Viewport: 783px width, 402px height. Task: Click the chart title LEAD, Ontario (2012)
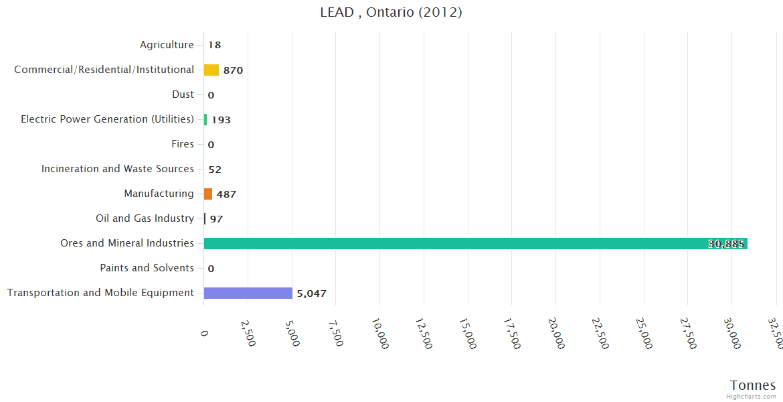coord(391,12)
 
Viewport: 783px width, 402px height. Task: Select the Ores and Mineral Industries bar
coord(475,243)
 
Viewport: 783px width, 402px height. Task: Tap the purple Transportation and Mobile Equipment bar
coord(248,293)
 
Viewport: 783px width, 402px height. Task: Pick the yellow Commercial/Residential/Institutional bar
coord(211,70)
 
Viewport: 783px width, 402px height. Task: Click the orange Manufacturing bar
coord(208,194)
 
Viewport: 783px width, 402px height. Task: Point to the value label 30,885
coord(725,244)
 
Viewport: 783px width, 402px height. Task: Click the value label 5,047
coord(312,293)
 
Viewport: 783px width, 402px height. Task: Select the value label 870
coord(233,70)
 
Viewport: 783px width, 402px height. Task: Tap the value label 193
coord(221,120)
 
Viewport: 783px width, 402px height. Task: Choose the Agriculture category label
coord(167,45)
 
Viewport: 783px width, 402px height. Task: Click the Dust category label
coord(183,94)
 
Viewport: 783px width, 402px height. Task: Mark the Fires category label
coord(183,144)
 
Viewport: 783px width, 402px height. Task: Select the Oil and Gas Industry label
coord(145,218)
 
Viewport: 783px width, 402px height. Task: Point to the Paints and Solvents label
coord(147,268)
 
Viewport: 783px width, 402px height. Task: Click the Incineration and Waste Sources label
coord(118,169)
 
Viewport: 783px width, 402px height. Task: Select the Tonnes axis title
coord(753,385)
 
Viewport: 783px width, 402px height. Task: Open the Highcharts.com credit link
coord(752,396)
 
